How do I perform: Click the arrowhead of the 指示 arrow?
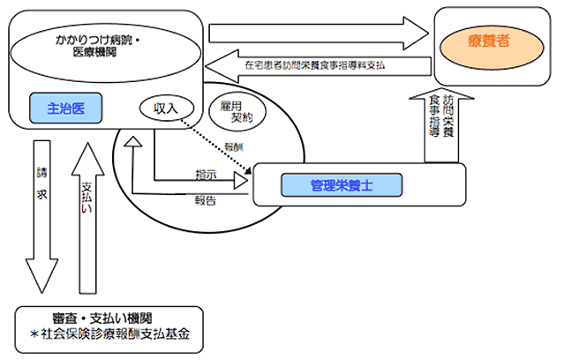tap(240, 181)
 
